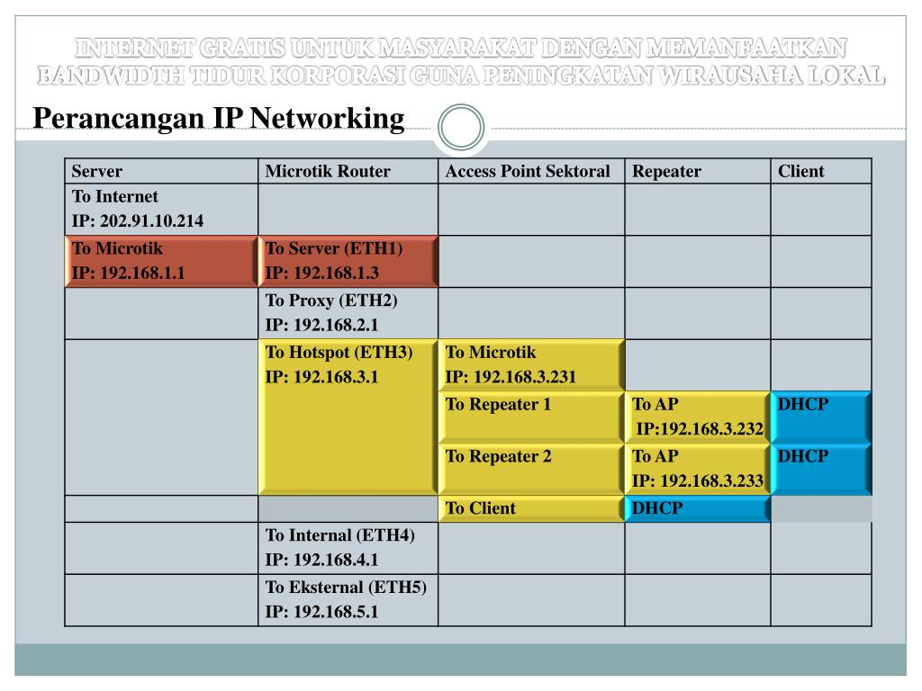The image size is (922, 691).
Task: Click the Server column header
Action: coord(97,171)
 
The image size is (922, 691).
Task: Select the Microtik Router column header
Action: coord(328,171)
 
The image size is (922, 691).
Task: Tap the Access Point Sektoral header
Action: coord(528,171)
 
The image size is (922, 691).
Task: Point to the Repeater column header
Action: coord(666,171)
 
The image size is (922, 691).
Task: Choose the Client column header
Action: coord(800,171)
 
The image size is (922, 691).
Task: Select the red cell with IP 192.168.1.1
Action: coord(160,261)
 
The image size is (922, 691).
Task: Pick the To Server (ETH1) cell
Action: coord(348,261)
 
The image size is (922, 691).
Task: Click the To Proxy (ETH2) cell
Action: coord(348,312)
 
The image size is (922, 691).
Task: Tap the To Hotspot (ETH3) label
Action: coord(339,353)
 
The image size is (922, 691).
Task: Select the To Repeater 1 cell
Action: coord(531,417)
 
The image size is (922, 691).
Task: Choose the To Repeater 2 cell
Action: coord(531,469)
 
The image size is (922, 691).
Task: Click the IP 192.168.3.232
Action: coord(700,429)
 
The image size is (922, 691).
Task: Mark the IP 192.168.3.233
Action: coord(698,481)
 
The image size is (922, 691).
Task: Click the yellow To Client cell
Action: coord(531,508)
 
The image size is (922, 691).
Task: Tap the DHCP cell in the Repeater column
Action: coord(696,508)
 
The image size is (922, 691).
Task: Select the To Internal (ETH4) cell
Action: coord(348,547)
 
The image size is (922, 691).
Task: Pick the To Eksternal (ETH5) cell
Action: coord(348,599)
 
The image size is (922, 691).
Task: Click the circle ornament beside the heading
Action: coord(460,128)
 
